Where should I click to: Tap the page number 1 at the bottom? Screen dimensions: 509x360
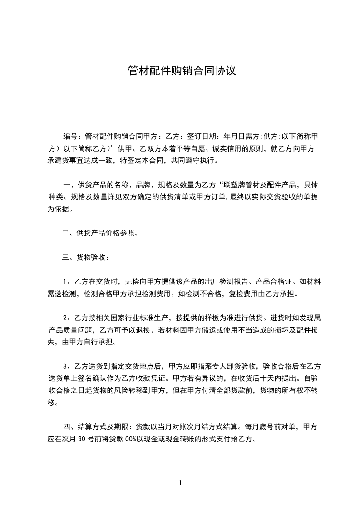pyautogui.click(x=180, y=484)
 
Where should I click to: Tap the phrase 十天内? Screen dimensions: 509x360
pyautogui.click(x=272, y=378)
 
